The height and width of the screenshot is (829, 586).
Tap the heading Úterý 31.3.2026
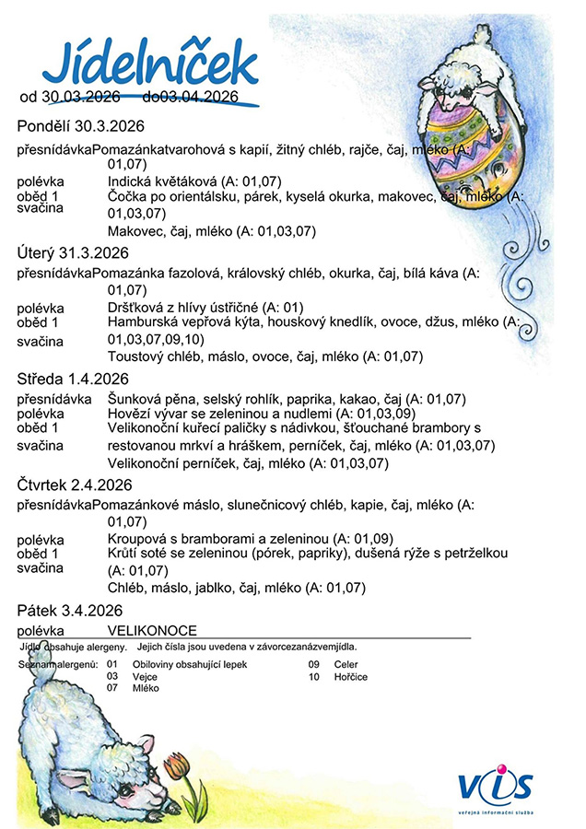[x=74, y=252]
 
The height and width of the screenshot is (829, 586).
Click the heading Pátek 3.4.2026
[x=70, y=611]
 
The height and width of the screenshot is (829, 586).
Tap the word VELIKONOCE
[x=152, y=630]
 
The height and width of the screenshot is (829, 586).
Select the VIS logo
[x=495, y=785]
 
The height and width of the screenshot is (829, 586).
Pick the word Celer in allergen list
[x=346, y=663]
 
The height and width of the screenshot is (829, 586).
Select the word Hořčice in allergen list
[x=350, y=676]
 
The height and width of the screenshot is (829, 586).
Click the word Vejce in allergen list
[x=146, y=676]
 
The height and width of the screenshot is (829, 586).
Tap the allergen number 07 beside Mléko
[x=112, y=688]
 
